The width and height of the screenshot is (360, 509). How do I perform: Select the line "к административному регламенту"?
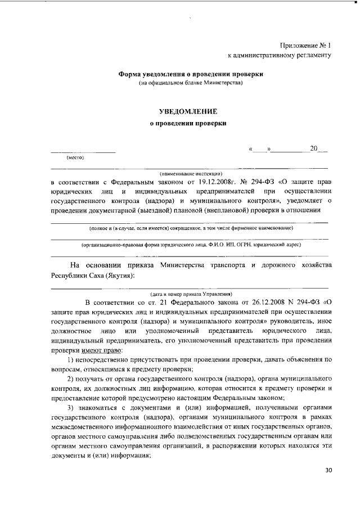(x=279, y=55)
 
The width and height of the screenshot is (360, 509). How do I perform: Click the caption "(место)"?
(x=75, y=157)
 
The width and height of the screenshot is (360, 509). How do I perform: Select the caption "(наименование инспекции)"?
(x=191, y=173)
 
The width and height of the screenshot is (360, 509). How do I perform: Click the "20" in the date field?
(x=313, y=149)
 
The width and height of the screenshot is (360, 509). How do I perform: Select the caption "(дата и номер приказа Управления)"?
(x=191, y=294)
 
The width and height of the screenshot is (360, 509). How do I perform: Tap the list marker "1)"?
(x=71, y=359)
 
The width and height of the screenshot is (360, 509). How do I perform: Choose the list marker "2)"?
(x=71, y=380)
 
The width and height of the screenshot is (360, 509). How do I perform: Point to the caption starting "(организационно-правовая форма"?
(x=191, y=245)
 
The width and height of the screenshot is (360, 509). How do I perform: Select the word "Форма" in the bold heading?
(x=129, y=74)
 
